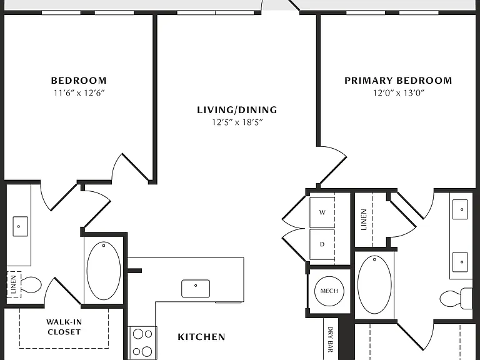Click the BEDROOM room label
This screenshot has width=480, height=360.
point(79,81)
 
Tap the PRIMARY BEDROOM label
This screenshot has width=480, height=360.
point(398,81)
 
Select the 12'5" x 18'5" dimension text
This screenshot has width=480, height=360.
point(237,122)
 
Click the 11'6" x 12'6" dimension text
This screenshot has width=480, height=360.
point(79,92)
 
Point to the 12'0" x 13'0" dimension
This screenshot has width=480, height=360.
point(399,92)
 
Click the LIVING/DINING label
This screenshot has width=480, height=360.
point(237,110)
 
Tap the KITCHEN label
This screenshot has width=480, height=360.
point(201,337)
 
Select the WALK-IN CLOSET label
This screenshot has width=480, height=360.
point(64,327)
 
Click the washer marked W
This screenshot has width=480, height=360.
point(322,212)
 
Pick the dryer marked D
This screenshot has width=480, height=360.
point(322,244)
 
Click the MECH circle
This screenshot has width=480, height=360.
point(329,291)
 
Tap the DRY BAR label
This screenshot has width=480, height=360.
point(330,339)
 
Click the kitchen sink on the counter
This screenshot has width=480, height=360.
point(196,288)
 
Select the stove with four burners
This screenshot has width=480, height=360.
point(142,342)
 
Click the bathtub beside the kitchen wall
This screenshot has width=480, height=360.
point(104,271)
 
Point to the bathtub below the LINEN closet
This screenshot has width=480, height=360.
point(374,285)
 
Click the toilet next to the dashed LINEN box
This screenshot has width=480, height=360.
point(31,285)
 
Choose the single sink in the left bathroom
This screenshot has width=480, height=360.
point(20,226)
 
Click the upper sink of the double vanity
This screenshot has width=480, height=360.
point(460,209)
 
